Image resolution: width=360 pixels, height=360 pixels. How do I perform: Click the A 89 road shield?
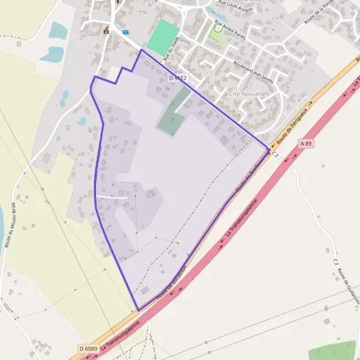(x=306, y=143)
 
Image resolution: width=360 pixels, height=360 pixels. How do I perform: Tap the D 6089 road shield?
(x=88, y=349)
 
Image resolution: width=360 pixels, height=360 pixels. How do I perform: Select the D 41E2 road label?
(x=178, y=79)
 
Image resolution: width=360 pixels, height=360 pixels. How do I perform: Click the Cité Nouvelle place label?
(x=248, y=94)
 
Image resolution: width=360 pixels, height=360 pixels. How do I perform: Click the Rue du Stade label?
(x=171, y=49)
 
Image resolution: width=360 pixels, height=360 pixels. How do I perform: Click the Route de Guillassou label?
(x=340, y=278)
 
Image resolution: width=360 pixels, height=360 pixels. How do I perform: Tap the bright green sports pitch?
(x=163, y=37)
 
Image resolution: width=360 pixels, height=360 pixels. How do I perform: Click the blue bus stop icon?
(x=125, y=32)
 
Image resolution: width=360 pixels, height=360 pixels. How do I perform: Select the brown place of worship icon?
(x=106, y=30)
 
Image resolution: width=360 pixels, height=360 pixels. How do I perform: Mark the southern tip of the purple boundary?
(x=139, y=310)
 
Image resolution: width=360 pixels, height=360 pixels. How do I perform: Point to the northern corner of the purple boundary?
(x=142, y=50)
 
